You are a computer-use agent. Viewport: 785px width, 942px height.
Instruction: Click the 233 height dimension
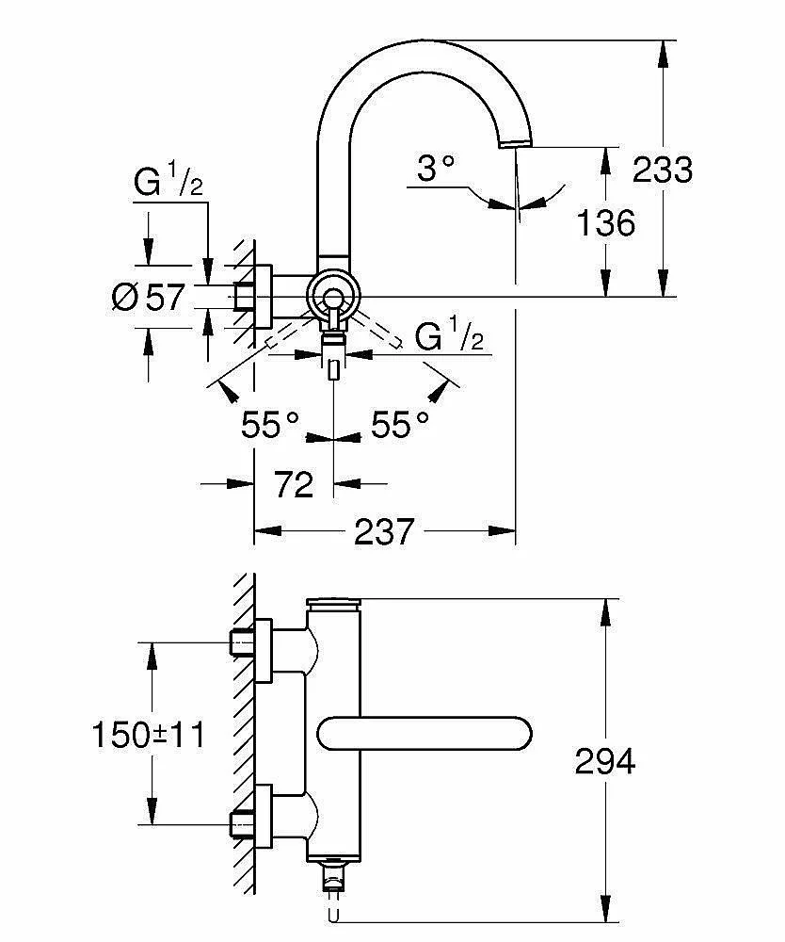click(663, 170)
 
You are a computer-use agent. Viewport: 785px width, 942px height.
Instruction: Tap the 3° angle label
click(436, 170)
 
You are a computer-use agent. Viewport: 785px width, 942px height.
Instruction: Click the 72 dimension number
click(293, 484)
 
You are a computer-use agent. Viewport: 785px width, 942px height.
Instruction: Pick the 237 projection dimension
click(384, 532)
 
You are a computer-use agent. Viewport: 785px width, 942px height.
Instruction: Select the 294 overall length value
click(604, 760)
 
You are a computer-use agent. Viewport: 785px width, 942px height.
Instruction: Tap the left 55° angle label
click(270, 426)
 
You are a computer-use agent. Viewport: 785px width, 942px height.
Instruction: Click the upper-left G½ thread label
click(168, 182)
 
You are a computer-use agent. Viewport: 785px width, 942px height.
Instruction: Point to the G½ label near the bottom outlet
click(449, 335)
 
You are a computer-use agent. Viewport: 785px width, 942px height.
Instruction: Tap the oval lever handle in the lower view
click(425, 732)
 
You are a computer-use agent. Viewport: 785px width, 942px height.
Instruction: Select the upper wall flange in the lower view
click(262, 648)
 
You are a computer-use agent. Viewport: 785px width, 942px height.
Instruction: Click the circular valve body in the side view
click(332, 298)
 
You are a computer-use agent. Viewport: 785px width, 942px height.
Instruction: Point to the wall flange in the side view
click(263, 298)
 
